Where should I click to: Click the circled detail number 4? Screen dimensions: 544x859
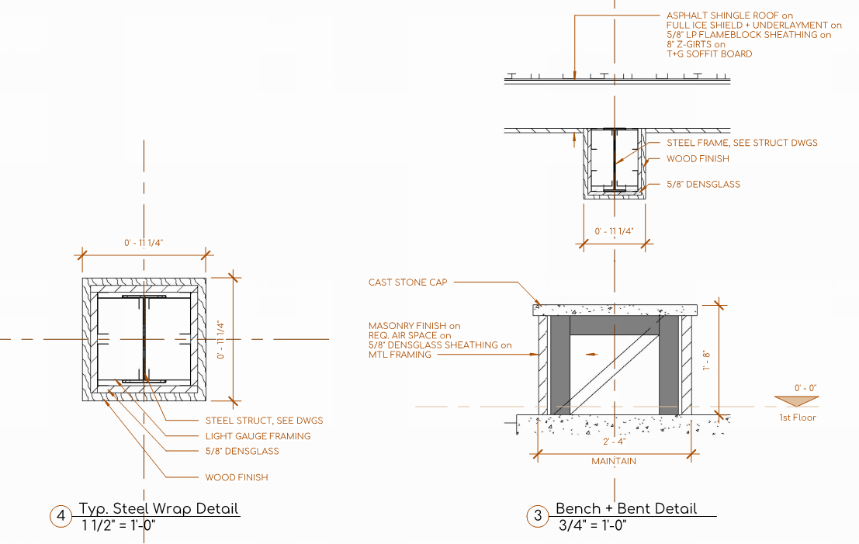click(x=61, y=516)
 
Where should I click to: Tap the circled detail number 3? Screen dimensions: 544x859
click(x=537, y=516)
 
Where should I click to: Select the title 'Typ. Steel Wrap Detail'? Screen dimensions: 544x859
click(x=159, y=509)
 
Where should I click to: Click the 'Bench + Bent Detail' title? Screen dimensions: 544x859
click(x=626, y=509)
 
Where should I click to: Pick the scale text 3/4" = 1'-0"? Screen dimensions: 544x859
click(x=592, y=525)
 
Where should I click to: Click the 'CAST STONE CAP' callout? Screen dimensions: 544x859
click(x=408, y=282)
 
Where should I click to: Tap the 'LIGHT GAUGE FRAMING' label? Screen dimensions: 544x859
click(x=258, y=436)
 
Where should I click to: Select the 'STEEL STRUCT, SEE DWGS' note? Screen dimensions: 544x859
click(x=264, y=421)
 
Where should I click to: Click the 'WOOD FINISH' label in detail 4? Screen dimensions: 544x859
click(x=237, y=477)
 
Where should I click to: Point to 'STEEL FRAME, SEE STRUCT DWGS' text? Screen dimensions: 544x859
click(x=742, y=143)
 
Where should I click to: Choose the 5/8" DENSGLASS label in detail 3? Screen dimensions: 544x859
click(x=703, y=185)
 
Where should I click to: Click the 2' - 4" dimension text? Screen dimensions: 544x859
click(x=613, y=442)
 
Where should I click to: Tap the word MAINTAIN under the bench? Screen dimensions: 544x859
click(x=613, y=461)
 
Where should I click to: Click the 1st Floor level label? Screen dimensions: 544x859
click(x=798, y=418)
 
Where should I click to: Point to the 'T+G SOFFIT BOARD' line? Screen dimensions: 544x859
click(x=709, y=54)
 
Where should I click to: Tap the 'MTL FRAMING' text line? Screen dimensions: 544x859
click(x=399, y=355)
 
